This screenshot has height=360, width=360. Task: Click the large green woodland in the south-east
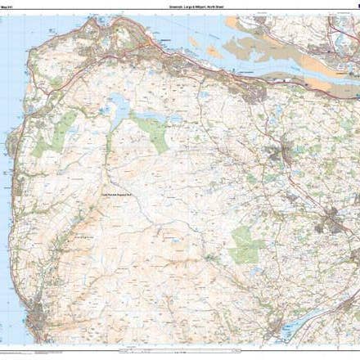click(245, 244)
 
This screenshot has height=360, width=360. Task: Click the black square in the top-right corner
click(355, 5)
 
